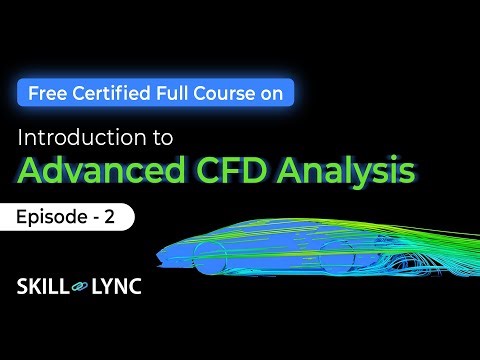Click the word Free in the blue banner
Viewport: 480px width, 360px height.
[47, 93]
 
